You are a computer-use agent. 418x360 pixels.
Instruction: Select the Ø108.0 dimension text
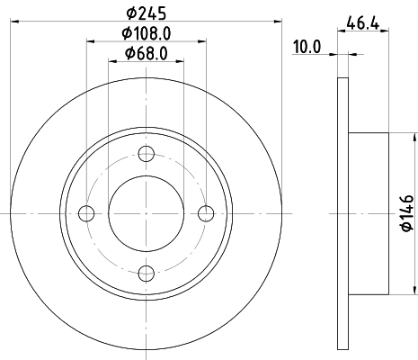coord(147,35)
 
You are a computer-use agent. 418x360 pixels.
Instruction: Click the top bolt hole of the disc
coord(147,153)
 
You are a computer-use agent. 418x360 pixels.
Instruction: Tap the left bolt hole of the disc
coord(86,213)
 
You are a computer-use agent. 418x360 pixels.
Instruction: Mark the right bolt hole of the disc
coord(207,213)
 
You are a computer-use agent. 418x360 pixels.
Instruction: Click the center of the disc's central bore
coord(147,213)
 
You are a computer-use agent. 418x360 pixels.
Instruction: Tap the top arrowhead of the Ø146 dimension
coord(415,137)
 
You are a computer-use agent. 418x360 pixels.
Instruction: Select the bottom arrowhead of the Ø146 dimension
coord(415,290)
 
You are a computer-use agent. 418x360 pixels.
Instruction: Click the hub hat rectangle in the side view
coord(369,213)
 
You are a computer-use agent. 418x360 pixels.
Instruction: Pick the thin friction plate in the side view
coord(342,213)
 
